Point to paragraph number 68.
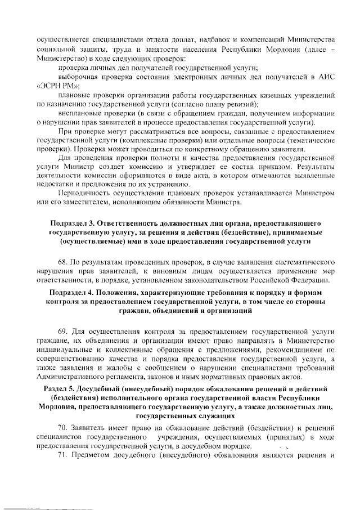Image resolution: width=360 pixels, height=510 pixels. pos(62,262)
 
